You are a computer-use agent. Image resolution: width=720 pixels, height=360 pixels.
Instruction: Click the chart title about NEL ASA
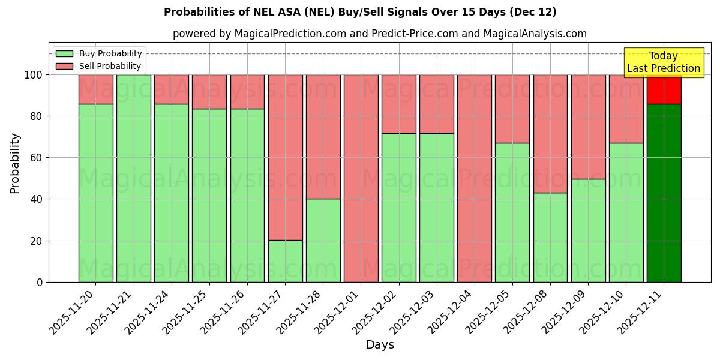tap(360, 12)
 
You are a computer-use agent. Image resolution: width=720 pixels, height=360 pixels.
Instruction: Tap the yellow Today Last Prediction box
tap(664, 62)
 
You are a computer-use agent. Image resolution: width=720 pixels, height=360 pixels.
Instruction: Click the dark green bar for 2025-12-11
tap(664, 192)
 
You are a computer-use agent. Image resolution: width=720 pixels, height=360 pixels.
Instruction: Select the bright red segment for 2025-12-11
tap(664, 89)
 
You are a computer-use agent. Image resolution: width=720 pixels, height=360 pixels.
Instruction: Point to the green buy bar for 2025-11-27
tap(285, 261)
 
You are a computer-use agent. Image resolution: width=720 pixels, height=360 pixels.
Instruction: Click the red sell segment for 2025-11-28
tap(323, 137)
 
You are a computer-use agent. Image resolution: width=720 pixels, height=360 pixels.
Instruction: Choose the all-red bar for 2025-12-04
tap(475, 178)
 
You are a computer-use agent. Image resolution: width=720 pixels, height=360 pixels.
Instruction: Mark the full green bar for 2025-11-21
tap(133, 178)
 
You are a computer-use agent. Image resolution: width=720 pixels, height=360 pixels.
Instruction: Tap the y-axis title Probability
tap(15, 163)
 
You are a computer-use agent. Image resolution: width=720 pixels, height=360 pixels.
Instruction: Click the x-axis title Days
tap(380, 345)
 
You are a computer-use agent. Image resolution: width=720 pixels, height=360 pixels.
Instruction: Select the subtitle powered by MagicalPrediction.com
tap(379, 34)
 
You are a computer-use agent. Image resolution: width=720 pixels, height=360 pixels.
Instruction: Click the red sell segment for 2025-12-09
tap(588, 127)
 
